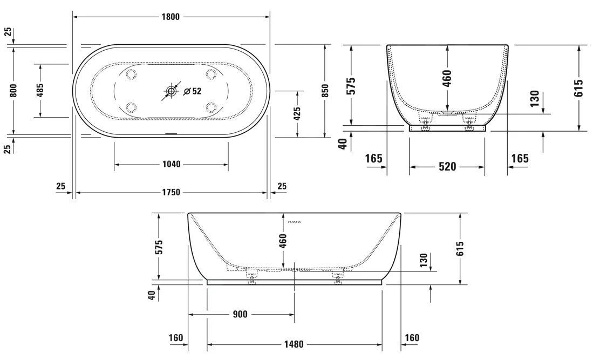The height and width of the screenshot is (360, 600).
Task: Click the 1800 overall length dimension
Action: pyautogui.click(x=172, y=17)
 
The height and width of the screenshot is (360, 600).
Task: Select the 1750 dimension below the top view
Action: pyautogui.click(x=171, y=192)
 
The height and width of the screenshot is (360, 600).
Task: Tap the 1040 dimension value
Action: pyautogui.click(x=171, y=164)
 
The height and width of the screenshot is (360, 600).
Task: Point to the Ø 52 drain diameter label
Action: pyautogui.click(x=192, y=91)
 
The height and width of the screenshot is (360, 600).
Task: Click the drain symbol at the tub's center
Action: pyautogui.click(x=171, y=91)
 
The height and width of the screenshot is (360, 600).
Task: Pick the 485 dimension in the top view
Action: pyautogui.click(x=40, y=90)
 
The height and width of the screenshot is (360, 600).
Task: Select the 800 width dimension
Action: pyautogui.click(x=14, y=90)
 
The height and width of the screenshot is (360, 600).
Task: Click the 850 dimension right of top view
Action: pyautogui.click(x=325, y=90)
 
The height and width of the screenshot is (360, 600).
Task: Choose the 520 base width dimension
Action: pyautogui.click(x=447, y=167)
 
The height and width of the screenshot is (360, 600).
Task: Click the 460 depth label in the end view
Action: pyautogui.click(x=447, y=78)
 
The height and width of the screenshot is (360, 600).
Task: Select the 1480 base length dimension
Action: pyautogui.click(x=294, y=344)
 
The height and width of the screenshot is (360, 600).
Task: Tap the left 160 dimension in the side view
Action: pyautogui.click(x=176, y=338)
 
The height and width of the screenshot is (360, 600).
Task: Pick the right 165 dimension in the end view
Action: pyautogui.click(x=520, y=159)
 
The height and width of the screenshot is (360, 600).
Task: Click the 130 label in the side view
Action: pyautogui.click(x=424, y=261)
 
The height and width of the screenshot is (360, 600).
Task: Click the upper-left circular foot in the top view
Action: pyautogui.click(x=131, y=74)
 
